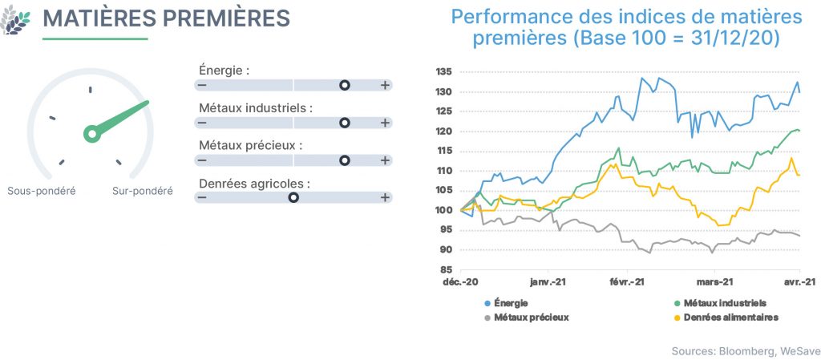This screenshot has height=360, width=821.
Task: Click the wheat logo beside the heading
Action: click(x=14, y=20)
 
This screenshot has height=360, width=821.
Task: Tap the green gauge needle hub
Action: click(x=92, y=134)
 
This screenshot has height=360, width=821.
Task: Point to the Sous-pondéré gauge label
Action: click(x=42, y=191)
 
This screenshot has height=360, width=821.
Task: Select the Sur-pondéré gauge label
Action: click(x=143, y=191)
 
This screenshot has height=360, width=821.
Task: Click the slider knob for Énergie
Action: click(x=345, y=85)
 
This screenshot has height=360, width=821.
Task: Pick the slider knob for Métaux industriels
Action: click(x=345, y=123)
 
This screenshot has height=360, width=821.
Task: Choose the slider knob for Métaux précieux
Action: click(x=345, y=160)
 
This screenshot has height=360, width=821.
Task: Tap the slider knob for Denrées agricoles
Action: click(x=293, y=197)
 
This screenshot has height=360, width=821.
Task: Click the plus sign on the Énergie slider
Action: click(x=385, y=85)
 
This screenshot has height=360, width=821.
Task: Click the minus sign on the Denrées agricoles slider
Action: click(x=202, y=197)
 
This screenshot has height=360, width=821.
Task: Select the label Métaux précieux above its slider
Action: click(x=250, y=146)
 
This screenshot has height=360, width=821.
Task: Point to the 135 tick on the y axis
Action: click(x=444, y=72)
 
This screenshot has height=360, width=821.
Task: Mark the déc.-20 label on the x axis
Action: click(x=461, y=281)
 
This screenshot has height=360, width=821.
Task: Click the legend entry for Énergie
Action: click(x=507, y=303)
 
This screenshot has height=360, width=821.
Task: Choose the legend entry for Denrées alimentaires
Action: click(x=726, y=317)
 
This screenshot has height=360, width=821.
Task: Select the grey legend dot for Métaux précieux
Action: click(x=487, y=318)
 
